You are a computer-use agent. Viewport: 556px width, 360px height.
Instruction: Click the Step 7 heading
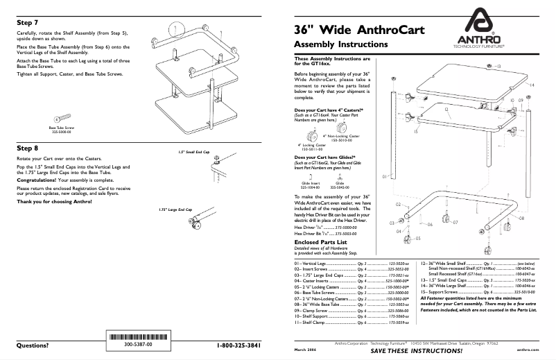(x=28, y=22)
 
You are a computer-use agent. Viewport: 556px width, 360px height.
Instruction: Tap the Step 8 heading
(x=28, y=148)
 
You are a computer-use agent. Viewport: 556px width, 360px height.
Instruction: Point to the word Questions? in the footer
(x=33, y=345)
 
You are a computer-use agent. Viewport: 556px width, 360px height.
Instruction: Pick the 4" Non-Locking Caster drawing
(x=341, y=128)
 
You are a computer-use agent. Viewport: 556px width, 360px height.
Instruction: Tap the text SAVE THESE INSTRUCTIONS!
(x=412, y=351)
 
